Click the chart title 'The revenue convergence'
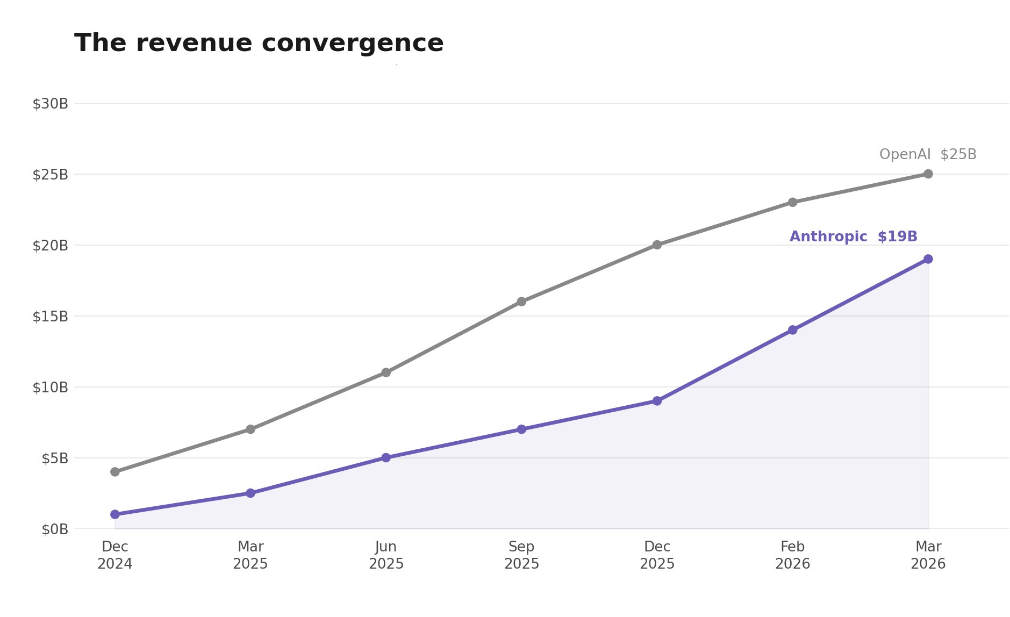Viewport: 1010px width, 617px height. pos(259,43)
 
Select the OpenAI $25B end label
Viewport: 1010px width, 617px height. pos(927,155)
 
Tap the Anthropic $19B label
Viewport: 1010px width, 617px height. pos(853,236)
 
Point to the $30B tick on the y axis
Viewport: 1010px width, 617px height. pos(50,104)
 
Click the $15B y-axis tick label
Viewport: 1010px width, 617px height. pos(50,317)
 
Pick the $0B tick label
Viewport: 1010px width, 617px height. pos(54,529)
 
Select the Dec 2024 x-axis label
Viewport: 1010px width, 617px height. pos(114,555)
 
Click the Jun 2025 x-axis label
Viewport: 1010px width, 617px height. pos(386,555)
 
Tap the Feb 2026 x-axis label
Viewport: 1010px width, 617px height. pos(792,555)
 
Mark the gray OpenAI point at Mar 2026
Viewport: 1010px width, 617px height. pos(928,174)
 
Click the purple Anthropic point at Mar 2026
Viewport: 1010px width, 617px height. pos(928,259)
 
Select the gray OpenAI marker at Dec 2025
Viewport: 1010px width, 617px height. pos(657,245)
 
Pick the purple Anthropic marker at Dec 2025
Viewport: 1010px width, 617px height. pos(657,401)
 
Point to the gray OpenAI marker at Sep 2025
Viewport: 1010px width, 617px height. pos(521,302)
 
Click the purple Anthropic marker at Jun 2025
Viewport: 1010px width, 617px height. pos(386,458)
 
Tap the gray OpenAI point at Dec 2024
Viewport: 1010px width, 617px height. pos(115,472)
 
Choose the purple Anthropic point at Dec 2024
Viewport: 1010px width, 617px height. pos(115,514)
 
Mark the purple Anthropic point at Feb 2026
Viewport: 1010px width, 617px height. pos(792,330)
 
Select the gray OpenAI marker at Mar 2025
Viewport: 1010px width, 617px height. pos(250,429)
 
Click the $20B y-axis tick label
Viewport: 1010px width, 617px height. pos(50,246)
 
